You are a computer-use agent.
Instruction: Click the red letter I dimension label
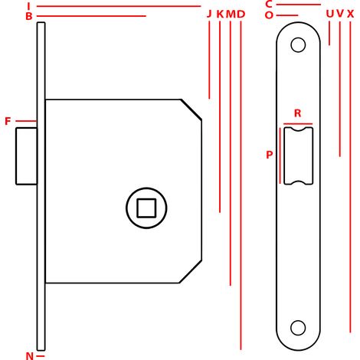click(x=28, y=6)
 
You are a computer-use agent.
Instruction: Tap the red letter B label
click(x=29, y=16)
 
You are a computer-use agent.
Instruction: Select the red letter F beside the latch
click(x=8, y=121)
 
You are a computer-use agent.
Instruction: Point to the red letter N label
click(x=30, y=355)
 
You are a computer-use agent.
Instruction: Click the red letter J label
click(x=209, y=14)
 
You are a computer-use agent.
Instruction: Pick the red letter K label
click(x=220, y=14)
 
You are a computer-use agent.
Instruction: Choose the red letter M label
click(x=231, y=14)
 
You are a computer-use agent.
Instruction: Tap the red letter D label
click(x=241, y=14)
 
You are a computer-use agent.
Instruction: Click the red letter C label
click(x=269, y=4)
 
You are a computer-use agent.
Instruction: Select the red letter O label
click(x=269, y=15)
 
